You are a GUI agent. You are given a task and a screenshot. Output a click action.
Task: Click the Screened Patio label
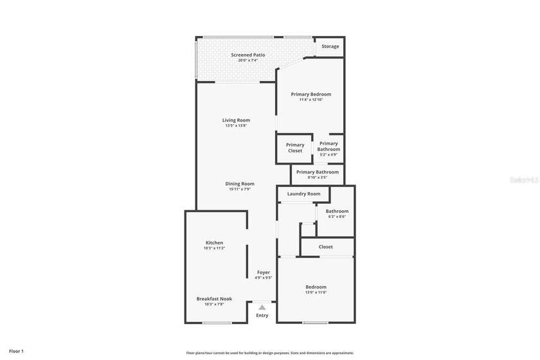click(x=248, y=55)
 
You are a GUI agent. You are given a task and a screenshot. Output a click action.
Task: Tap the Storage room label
click(x=330, y=46)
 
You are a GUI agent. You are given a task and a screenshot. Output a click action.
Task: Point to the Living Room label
click(x=236, y=120)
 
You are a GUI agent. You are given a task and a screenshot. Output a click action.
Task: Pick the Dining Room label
click(x=240, y=184)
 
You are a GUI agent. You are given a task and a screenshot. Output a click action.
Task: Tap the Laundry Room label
click(x=303, y=194)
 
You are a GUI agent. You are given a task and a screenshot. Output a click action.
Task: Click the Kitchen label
click(x=214, y=242)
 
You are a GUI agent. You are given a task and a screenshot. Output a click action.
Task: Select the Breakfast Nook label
click(x=214, y=298)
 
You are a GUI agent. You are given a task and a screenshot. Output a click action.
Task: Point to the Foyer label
click(x=263, y=273)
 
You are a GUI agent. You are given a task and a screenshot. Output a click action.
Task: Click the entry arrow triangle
click(x=262, y=307)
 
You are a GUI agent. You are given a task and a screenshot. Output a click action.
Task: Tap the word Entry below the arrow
click(x=262, y=316)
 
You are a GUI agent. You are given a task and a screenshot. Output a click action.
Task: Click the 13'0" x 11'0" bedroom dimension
click(x=316, y=292)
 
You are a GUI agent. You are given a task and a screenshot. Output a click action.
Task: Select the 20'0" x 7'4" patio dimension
click(x=248, y=60)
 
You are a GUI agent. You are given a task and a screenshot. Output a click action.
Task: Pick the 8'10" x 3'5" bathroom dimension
click(x=318, y=177)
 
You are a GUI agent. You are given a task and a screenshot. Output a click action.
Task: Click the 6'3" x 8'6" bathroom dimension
click(x=337, y=217)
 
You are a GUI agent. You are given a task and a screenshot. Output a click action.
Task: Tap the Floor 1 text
click(x=16, y=351)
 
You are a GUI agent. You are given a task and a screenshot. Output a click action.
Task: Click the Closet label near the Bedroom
click(x=326, y=247)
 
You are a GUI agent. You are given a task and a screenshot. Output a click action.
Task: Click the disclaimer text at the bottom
click(x=270, y=352)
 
